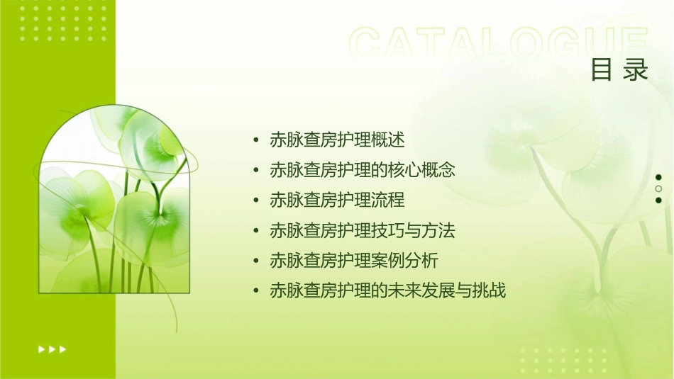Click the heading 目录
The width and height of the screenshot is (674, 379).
pos(619,70)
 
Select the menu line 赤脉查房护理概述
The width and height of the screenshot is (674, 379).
pos(337,140)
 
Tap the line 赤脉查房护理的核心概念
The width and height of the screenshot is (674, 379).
pos(362,170)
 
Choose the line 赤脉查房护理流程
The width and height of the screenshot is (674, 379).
pos(337,200)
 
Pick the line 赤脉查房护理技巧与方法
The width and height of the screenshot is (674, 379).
pos(362,231)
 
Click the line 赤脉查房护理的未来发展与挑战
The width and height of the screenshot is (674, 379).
pos(387,290)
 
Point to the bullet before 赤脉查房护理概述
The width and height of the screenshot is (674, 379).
pos(256,140)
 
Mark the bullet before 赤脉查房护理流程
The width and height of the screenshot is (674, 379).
pos(256,200)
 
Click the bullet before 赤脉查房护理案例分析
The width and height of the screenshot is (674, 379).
pos(256,261)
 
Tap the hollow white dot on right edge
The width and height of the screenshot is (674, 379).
pos(658,188)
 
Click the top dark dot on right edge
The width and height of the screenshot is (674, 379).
pos(658,177)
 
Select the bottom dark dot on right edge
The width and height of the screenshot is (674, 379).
pos(658,200)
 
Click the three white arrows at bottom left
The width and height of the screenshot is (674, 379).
pos(52,349)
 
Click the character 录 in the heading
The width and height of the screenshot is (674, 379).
pos(636,70)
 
